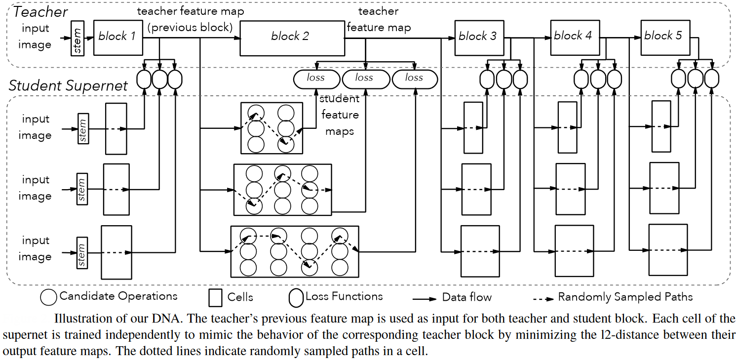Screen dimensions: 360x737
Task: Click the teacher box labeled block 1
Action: pyautogui.click(x=118, y=37)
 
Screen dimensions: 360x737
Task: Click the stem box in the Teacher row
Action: pyautogui.click(x=78, y=38)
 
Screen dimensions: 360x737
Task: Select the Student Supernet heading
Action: pyautogui.click(x=68, y=85)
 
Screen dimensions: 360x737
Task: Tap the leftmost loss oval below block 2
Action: pyautogui.click(x=316, y=79)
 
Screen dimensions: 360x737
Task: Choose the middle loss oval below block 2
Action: pyautogui.click(x=365, y=79)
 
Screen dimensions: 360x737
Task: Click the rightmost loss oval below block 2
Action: pyautogui.click(x=415, y=79)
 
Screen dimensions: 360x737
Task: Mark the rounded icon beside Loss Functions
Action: pyautogui.click(x=296, y=297)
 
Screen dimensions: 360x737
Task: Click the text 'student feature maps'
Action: pyautogui.click(x=340, y=115)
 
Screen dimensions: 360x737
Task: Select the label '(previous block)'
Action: pyautogui.click(x=190, y=28)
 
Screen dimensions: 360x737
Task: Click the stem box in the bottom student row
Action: pyautogui.click(x=82, y=252)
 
